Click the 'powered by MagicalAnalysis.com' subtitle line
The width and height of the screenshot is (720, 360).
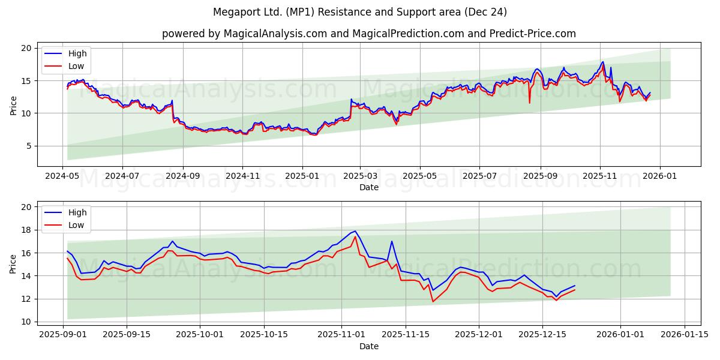[x=368, y=34]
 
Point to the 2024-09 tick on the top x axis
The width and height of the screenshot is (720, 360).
[x=182, y=177]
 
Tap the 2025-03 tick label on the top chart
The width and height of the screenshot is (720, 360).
[x=360, y=177]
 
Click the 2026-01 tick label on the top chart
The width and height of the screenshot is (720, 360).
[x=660, y=177]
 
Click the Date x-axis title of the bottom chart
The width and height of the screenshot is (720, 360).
[x=368, y=346]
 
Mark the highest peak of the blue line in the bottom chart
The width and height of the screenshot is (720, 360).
[x=355, y=231]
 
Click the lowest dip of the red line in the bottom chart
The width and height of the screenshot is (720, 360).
[x=433, y=301]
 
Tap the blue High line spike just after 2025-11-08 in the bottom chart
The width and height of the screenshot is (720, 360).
[x=392, y=241]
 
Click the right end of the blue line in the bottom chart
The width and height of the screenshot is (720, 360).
[x=574, y=286]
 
